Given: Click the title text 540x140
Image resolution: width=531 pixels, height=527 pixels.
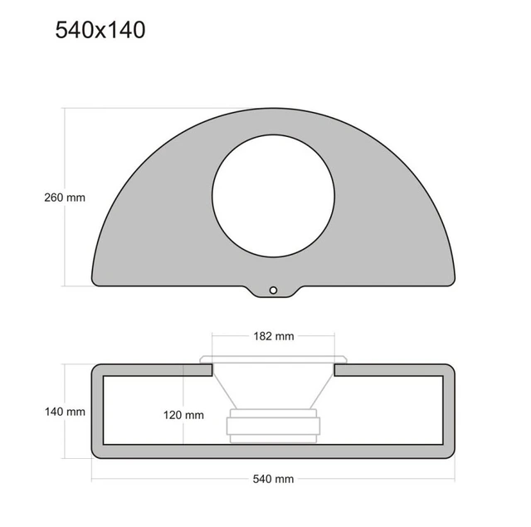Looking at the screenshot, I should [100, 30].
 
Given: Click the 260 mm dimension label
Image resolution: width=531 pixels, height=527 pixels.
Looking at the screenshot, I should [65, 198].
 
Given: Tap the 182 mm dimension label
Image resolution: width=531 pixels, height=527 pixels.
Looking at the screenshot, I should [273, 336].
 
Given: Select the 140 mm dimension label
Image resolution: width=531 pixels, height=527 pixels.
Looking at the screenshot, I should [65, 411].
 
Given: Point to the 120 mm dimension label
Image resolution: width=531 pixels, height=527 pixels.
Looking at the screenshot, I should [183, 414].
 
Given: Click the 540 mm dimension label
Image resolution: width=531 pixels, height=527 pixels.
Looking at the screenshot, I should [272, 479].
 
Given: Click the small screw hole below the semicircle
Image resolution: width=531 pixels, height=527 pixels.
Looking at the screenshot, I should [273, 290].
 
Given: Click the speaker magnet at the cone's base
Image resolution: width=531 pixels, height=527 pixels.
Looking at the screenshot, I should [273, 427].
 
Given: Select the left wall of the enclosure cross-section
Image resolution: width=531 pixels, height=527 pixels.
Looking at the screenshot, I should [96, 411].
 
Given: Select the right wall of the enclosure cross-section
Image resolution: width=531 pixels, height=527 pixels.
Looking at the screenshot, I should [449, 411].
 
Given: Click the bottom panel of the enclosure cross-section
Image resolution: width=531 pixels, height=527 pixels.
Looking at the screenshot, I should [273, 451].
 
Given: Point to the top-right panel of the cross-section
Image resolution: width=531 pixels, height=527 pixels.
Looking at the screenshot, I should [394, 369].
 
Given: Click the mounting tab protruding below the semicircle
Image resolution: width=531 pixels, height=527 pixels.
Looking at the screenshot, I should [273, 292].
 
